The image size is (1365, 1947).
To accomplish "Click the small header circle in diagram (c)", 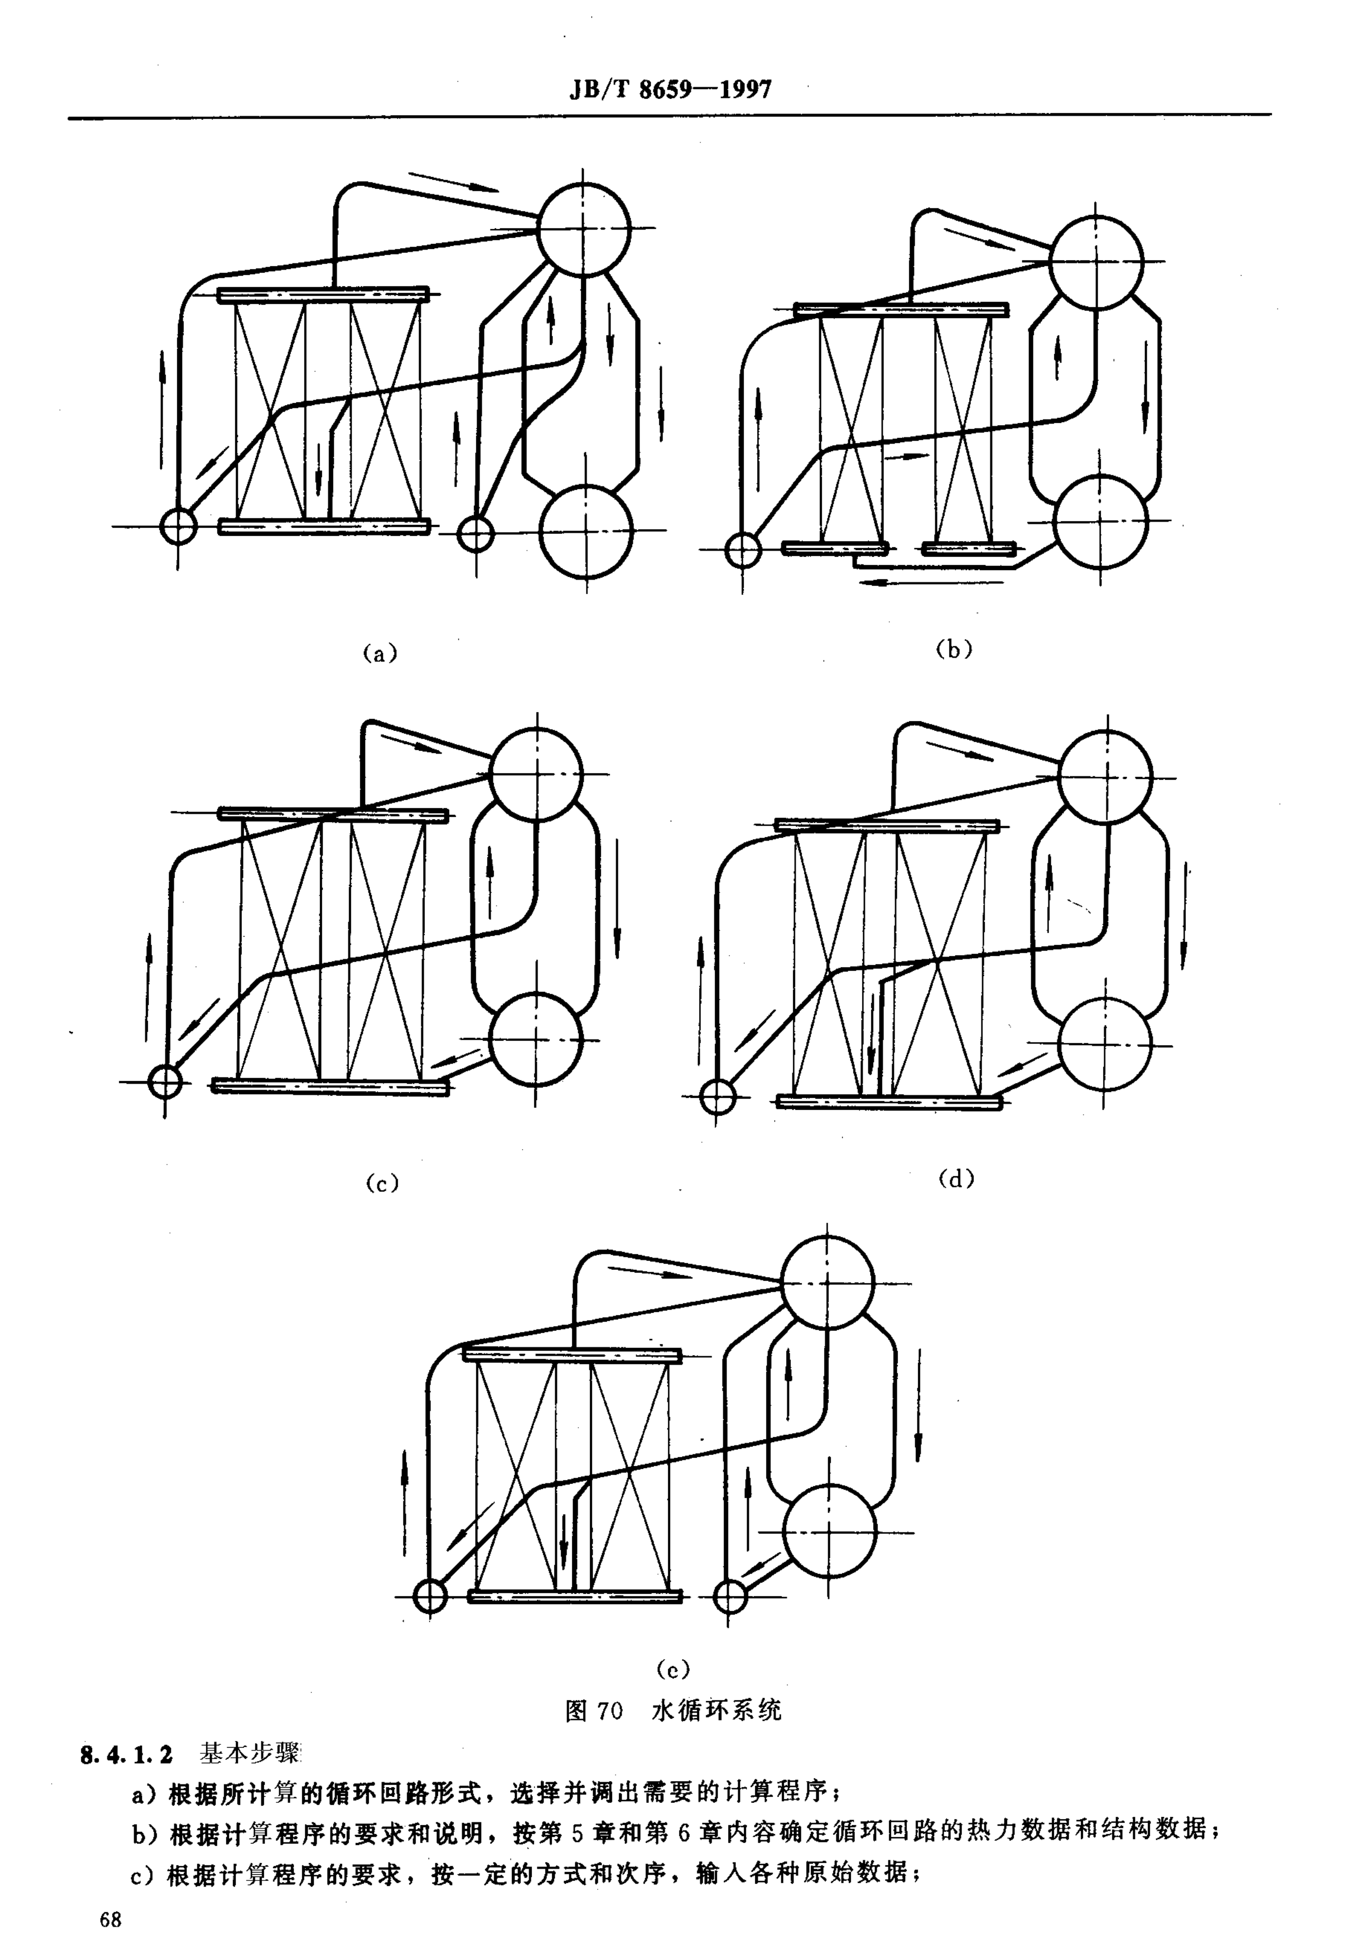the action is [x=165, y=1081].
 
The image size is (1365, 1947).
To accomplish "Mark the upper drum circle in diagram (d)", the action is [x=1106, y=777].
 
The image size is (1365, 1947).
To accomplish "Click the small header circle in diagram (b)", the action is [x=743, y=550].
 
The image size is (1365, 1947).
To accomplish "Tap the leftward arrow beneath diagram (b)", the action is [x=930, y=582].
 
